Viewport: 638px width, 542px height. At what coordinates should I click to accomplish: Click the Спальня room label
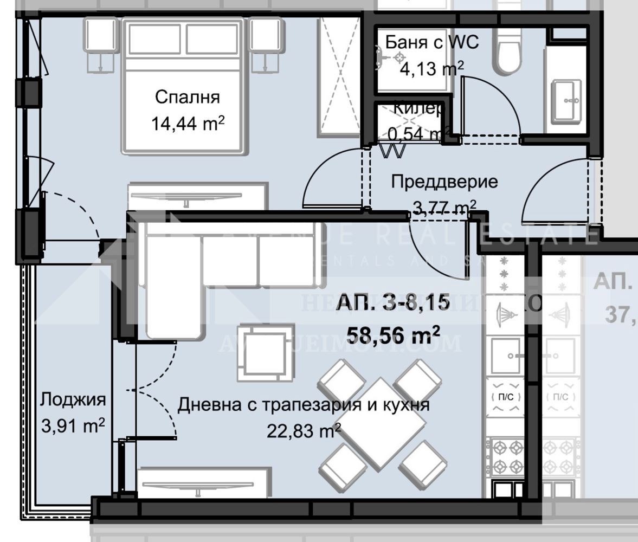pos(187,98)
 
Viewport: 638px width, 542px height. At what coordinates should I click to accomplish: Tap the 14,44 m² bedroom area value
pos(187,123)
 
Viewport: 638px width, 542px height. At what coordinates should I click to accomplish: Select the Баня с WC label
pos(431,42)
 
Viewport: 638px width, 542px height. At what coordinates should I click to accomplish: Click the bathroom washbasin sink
pos(566,100)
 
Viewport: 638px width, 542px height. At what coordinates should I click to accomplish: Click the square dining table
pos(379,423)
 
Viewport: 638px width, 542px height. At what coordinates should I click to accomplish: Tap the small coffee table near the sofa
pos(266,353)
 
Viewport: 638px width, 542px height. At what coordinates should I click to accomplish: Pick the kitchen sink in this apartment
pos(505,356)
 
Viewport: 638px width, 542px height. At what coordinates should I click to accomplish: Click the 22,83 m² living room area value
pos(304,430)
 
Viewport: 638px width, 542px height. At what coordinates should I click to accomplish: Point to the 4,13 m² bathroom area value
pos(431,68)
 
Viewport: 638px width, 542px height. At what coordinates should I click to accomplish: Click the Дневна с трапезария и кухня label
pos(304,405)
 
